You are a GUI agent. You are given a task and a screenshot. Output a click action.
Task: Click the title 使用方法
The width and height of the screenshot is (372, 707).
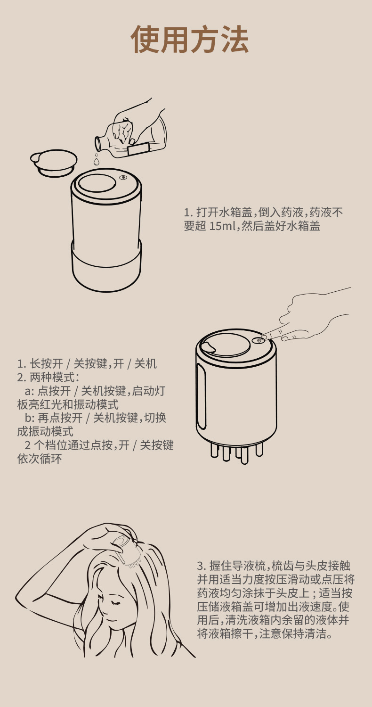190,39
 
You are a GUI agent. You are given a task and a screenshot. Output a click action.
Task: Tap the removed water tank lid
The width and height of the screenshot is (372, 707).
54,163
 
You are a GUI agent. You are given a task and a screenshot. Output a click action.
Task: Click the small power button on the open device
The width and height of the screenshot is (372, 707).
123,178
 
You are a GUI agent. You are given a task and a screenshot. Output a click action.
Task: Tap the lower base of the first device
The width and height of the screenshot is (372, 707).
106,267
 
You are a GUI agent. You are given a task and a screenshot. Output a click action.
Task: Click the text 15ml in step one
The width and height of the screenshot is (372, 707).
222,226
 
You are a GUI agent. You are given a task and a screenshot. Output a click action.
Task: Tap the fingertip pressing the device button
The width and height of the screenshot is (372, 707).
264,337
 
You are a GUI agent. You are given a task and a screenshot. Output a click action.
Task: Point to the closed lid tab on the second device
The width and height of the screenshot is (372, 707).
209,346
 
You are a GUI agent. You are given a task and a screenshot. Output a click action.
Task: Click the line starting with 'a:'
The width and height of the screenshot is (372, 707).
95,391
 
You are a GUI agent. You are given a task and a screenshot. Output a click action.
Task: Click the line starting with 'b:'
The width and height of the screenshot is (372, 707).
96,418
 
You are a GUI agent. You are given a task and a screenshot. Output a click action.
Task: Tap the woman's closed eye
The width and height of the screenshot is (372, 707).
115,603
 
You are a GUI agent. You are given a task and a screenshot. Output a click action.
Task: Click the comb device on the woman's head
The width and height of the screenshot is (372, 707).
126,550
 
